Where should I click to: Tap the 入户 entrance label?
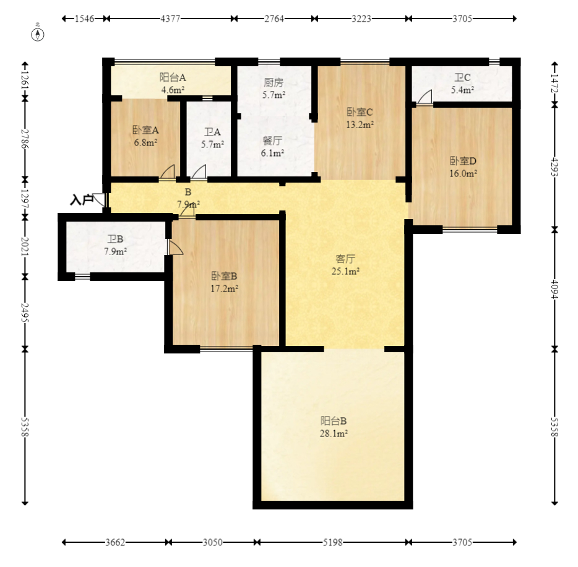pos(82,200)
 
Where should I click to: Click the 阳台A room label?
pos(173,77)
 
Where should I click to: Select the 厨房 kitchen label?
pos(274,82)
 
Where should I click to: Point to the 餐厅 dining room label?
pos(272,141)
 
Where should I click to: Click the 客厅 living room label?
pos(345,259)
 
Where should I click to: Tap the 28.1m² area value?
pos(334,433)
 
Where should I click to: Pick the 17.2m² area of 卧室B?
pos(224,288)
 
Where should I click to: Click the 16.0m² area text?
pos(463,173)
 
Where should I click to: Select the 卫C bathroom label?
pos(462,77)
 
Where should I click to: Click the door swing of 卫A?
pos(199,173)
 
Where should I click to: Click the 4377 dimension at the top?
pos(170,19)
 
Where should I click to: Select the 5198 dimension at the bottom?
pos(332,542)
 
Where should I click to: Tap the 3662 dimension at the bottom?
pos(115,542)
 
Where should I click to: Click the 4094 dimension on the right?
pos(554,290)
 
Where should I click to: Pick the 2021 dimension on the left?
pos(25,246)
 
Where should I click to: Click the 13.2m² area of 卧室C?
pos(360,124)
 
